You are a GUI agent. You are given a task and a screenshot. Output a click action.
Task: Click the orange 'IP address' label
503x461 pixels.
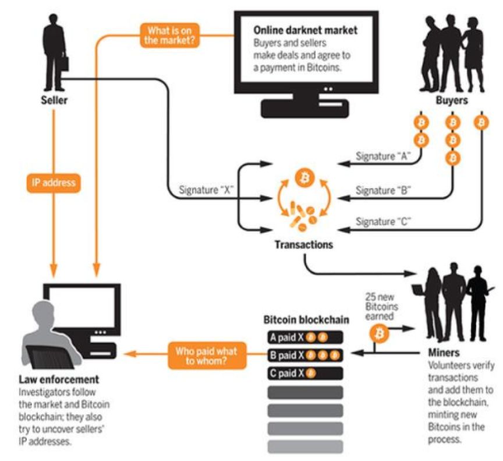tap(54, 183)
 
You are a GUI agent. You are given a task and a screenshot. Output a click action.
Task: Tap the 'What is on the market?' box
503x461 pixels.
tap(169, 36)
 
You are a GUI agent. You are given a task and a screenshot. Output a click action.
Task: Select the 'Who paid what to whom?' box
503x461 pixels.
tap(207, 356)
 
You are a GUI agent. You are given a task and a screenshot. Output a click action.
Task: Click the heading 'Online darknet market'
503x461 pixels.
tap(305, 30)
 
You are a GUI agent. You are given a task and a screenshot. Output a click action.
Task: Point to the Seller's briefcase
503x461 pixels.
tap(64, 63)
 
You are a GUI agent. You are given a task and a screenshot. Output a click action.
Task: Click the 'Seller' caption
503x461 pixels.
tap(54, 100)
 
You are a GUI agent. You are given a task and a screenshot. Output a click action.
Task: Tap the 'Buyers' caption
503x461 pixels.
tap(452, 100)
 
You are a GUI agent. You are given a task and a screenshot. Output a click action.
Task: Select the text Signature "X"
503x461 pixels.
tap(206, 190)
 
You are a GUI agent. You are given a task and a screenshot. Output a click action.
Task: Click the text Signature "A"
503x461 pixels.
tap(383, 156)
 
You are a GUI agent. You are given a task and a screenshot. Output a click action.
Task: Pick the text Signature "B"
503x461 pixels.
tap(383, 191)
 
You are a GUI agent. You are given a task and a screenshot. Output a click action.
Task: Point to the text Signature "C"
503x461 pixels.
tap(383, 221)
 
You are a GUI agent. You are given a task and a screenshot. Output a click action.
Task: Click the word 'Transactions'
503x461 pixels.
tap(304, 245)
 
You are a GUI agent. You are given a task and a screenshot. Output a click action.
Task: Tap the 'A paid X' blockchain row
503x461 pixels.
tap(305, 337)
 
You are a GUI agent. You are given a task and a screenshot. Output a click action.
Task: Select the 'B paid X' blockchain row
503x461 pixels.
tap(305, 356)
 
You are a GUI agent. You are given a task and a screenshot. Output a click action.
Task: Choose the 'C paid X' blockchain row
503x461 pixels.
tap(305, 374)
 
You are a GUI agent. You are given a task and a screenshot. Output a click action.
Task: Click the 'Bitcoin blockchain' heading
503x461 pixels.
tap(306, 320)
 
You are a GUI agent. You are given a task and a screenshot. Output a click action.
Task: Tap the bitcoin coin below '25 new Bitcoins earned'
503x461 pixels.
tap(380, 334)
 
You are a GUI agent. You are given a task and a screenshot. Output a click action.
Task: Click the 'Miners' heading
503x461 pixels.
tap(444, 353)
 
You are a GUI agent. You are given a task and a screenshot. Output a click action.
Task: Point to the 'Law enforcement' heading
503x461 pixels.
tap(59, 379)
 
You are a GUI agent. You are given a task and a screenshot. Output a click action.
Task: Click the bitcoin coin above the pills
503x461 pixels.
tap(304, 178)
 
